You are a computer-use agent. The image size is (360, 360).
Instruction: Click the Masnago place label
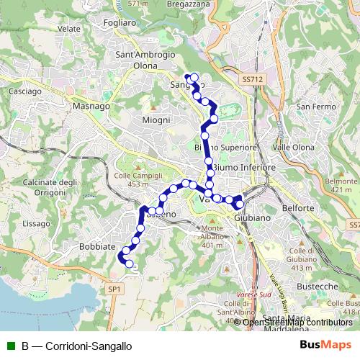[x=91, y=106]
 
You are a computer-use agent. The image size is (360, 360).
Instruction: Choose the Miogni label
[x=156, y=120]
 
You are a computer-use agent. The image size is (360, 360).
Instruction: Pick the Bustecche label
[x=318, y=287]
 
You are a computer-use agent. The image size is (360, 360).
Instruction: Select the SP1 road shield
[x=114, y=289]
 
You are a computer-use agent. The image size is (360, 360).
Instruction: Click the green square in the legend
[x=9, y=346]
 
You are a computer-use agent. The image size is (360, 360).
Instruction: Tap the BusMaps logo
[x=325, y=345]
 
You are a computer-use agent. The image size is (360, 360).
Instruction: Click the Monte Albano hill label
[x=212, y=235]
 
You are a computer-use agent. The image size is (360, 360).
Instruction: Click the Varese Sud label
[x=255, y=294]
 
